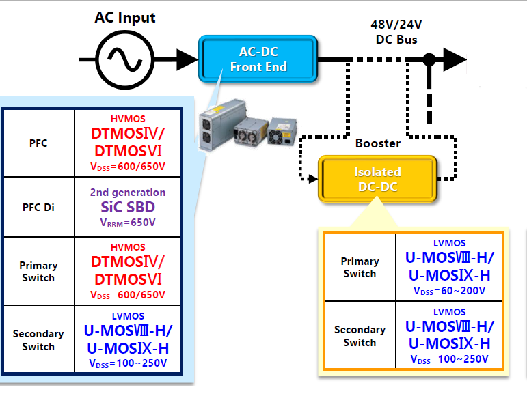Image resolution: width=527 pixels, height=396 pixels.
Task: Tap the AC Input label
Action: (124, 18)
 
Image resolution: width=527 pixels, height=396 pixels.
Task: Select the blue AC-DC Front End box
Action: (258, 59)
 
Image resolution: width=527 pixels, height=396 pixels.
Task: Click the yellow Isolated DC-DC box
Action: (377, 179)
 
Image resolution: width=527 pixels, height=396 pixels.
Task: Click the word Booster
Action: (377, 144)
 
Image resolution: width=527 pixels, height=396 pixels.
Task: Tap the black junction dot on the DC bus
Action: (429, 60)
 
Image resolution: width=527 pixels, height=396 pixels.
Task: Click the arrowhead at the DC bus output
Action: (454, 59)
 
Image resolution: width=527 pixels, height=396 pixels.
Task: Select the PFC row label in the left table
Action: (38, 143)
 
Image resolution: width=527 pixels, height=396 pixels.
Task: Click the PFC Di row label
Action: (38, 207)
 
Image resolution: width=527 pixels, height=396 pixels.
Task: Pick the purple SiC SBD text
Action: (128, 207)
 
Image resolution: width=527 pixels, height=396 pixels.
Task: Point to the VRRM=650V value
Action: (128, 222)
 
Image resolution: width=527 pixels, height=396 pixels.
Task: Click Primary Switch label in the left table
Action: (38, 271)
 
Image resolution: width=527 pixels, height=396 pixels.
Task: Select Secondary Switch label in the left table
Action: (38, 340)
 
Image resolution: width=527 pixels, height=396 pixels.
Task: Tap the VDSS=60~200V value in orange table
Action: (449, 290)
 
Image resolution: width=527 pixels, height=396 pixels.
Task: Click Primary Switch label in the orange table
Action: (360, 267)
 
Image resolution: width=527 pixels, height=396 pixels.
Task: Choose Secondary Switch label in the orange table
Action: (360, 336)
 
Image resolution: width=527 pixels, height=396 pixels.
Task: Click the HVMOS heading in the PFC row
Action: (128, 119)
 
